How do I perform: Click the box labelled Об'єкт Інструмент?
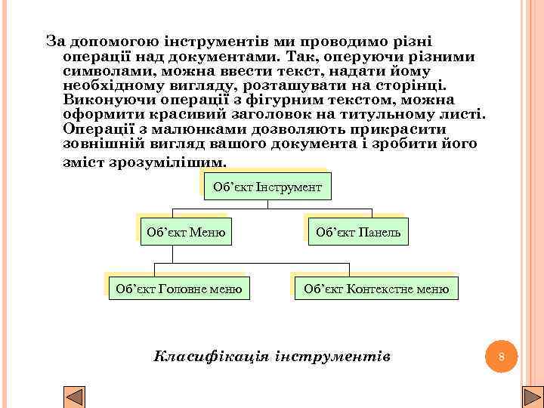point(267,186)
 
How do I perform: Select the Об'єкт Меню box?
point(186,232)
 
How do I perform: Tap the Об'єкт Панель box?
point(357,232)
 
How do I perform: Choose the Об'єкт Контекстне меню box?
point(376,287)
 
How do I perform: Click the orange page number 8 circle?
point(501,356)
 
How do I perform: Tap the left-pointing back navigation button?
point(74,398)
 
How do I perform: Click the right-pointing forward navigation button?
point(533,398)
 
